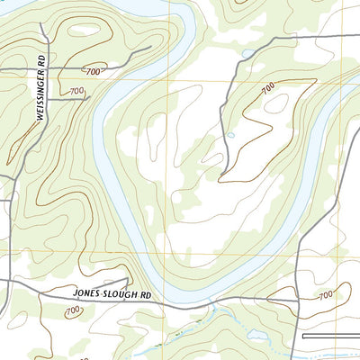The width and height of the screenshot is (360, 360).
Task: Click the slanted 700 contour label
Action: (x=267, y=88)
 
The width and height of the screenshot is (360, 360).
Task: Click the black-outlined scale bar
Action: (x=331, y=336)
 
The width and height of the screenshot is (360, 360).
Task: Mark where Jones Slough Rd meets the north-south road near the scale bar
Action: (x=298, y=301)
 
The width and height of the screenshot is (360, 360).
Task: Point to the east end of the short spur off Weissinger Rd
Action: (x=89, y=98)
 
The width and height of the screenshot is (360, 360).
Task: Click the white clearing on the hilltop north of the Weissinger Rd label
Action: (x=85, y=30)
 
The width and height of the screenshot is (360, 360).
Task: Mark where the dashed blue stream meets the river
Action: (x=210, y=307)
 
